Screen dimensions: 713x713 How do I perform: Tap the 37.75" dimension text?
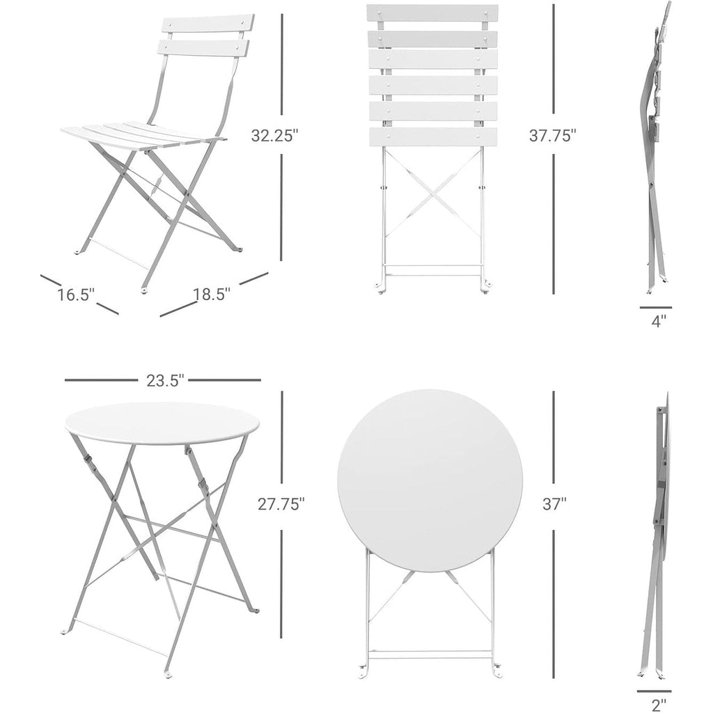553,136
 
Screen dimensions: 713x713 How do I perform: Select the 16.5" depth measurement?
75,295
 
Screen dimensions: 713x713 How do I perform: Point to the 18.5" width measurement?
212,295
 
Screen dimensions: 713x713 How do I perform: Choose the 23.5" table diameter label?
164,381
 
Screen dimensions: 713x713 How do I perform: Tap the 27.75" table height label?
281,503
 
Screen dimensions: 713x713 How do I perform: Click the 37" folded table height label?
554,503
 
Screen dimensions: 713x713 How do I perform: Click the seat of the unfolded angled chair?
139,134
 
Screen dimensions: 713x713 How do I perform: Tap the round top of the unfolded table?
164,423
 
